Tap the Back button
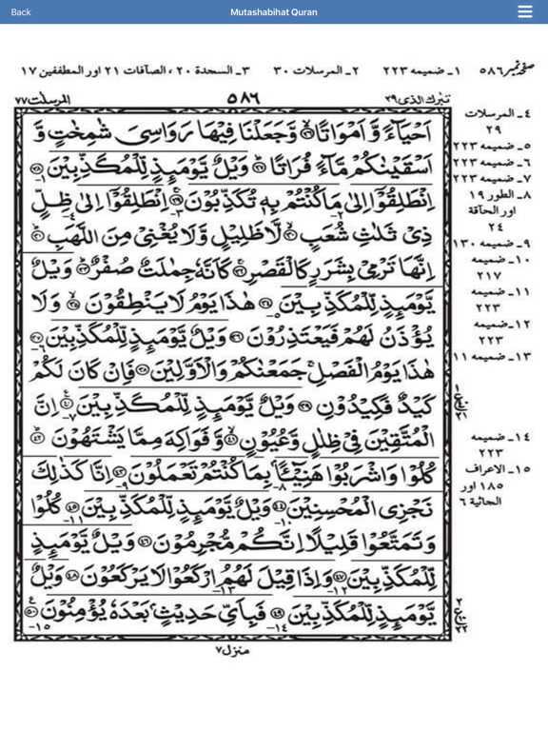20,11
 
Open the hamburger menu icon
525,11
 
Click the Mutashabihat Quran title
273,11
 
